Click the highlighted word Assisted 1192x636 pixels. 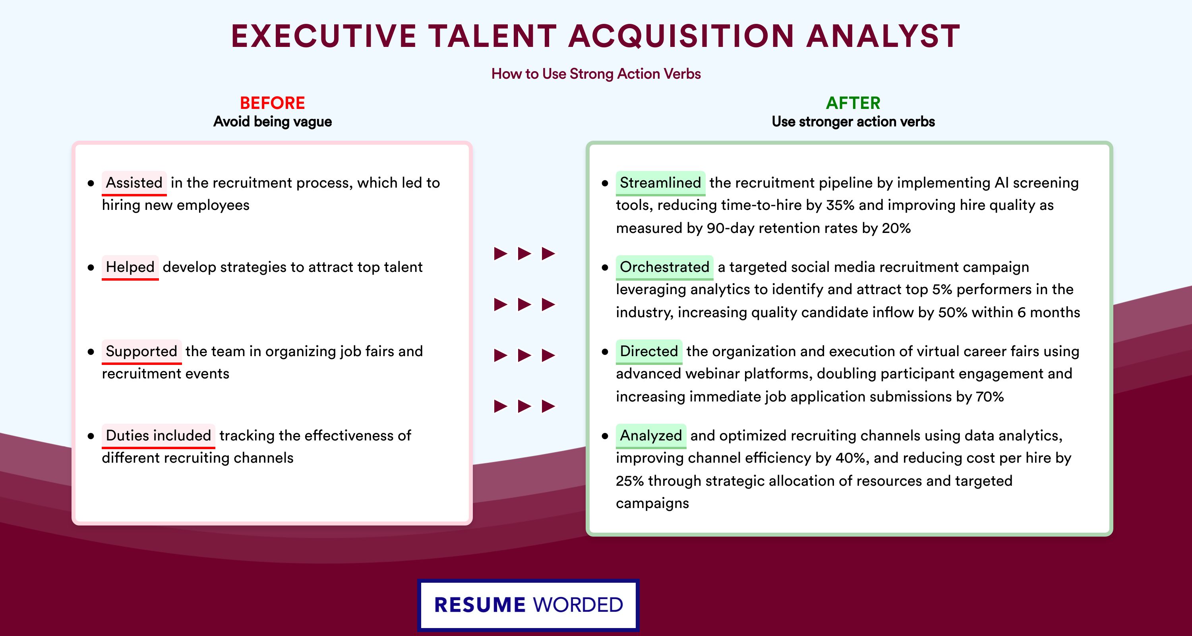click(x=134, y=183)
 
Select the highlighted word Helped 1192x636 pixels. click(x=130, y=267)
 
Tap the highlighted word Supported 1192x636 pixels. click(x=141, y=351)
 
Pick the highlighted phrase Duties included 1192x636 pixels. click(x=158, y=436)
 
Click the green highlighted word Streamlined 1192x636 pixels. click(x=660, y=183)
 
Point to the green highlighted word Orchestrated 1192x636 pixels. click(x=664, y=267)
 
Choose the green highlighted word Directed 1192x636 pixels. click(x=649, y=351)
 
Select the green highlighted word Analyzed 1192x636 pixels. click(x=650, y=436)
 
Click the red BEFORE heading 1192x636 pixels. click(x=273, y=103)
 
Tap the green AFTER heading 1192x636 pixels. click(x=853, y=103)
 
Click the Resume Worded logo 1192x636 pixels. click(x=528, y=605)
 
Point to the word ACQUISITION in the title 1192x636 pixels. click(x=681, y=36)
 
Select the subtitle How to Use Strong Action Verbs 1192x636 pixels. click(x=596, y=74)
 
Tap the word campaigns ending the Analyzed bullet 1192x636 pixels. click(x=652, y=504)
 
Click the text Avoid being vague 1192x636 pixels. click(x=273, y=122)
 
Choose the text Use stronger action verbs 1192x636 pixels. click(x=853, y=122)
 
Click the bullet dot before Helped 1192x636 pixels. click(x=91, y=268)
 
